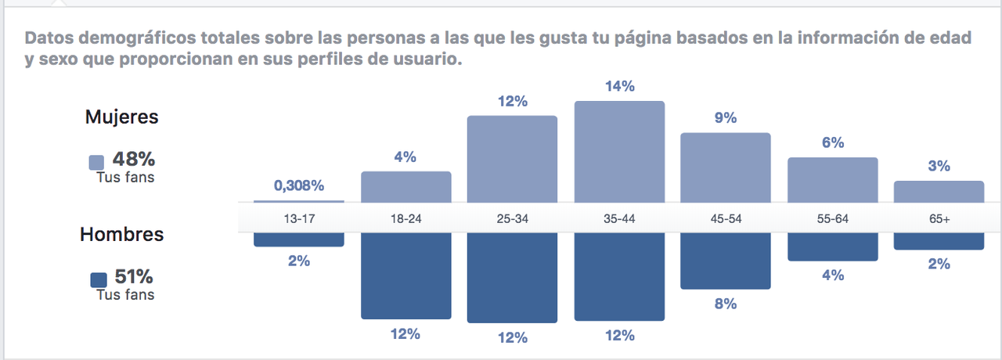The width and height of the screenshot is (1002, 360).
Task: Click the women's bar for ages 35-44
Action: pos(619,151)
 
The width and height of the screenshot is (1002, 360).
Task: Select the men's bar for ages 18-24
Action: pos(405,275)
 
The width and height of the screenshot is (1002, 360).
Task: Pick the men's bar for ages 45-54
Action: pos(726,261)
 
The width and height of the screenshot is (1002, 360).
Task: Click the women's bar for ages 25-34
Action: pos(512,159)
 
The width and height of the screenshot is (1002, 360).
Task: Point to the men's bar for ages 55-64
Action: pos(832,246)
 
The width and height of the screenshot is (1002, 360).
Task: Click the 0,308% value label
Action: pos(298,186)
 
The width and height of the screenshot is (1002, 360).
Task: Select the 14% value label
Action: pos(619,87)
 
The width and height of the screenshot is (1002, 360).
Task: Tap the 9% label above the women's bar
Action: pos(726,118)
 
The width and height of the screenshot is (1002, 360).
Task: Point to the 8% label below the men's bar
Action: pos(726,304)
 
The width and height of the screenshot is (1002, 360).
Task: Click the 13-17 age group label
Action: pos(298,219)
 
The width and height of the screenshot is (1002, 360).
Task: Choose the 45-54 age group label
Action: pos(726,219)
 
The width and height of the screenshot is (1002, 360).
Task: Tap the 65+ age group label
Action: pos(939,219)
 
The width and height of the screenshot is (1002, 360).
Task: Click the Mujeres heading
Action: pos(121,117)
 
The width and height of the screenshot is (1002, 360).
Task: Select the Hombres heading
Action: pos(121,235)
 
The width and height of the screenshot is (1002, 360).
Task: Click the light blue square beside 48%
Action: pos(97,163)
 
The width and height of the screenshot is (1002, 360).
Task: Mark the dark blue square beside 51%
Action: pos(99,280)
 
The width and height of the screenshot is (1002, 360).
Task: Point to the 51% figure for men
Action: pos(133,276)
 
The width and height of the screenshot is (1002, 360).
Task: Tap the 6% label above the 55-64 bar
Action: pos(832,142)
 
